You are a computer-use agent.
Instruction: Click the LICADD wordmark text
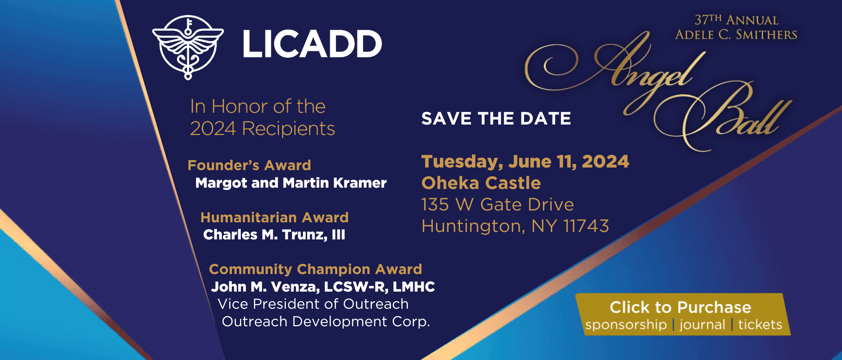[312, 44]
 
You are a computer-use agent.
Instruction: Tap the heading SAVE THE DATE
[496, 118]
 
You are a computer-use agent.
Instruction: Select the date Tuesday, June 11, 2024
[525, 161]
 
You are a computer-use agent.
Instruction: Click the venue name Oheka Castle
[481, 183]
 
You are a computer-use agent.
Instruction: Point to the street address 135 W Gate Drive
[497, 204]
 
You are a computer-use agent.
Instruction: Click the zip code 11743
[586, 226]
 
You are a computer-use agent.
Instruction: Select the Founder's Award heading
[249, 165]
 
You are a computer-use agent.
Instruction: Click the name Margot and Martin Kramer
[291, 183]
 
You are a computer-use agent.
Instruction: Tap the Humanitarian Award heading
[275, 217]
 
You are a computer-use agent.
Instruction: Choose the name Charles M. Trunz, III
[274, 235]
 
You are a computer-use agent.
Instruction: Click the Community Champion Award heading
[315, 269]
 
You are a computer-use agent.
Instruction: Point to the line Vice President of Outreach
[313, 304]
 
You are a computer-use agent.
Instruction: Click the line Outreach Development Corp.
[326, 321]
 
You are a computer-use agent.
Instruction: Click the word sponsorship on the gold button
[626, 325]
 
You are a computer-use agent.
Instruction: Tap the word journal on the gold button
[702, 325]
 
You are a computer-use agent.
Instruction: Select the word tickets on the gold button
[760, 325]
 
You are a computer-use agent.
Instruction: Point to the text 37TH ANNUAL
[736, 20]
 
